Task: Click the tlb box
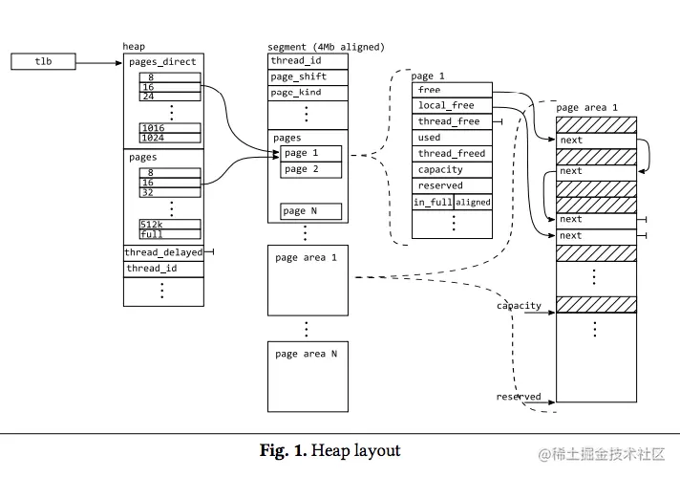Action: click(x=43, y=61)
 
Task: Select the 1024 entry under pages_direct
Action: click(x=170, y=138)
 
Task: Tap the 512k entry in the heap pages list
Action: click(x=170, y=224)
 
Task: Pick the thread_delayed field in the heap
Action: click(x=163, y=252)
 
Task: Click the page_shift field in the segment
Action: click(x=308, y=77)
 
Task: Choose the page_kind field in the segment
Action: click(x=308, y=93)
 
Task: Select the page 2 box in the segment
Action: click(x=311, y=170)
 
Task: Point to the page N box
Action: click(x=311, y=211)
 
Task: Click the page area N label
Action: click(x=307, y=354)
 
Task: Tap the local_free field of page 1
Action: click(x=452, y=105)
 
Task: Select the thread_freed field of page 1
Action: click(x=452, y=154)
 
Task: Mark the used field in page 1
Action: click(x=452, y=138)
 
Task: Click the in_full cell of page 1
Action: click(x=433, y=202)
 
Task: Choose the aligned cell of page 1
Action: click(x=473, y=202)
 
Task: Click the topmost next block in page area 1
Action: click(x=596, y=141)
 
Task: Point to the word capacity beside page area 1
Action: click(x=520, y=306)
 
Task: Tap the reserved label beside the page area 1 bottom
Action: click(x=519, y=397)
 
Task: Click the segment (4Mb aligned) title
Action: click(x=326, y=47)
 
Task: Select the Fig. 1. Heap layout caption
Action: click(x=330, y=450)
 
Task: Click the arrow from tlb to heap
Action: click(x=99, y=63)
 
